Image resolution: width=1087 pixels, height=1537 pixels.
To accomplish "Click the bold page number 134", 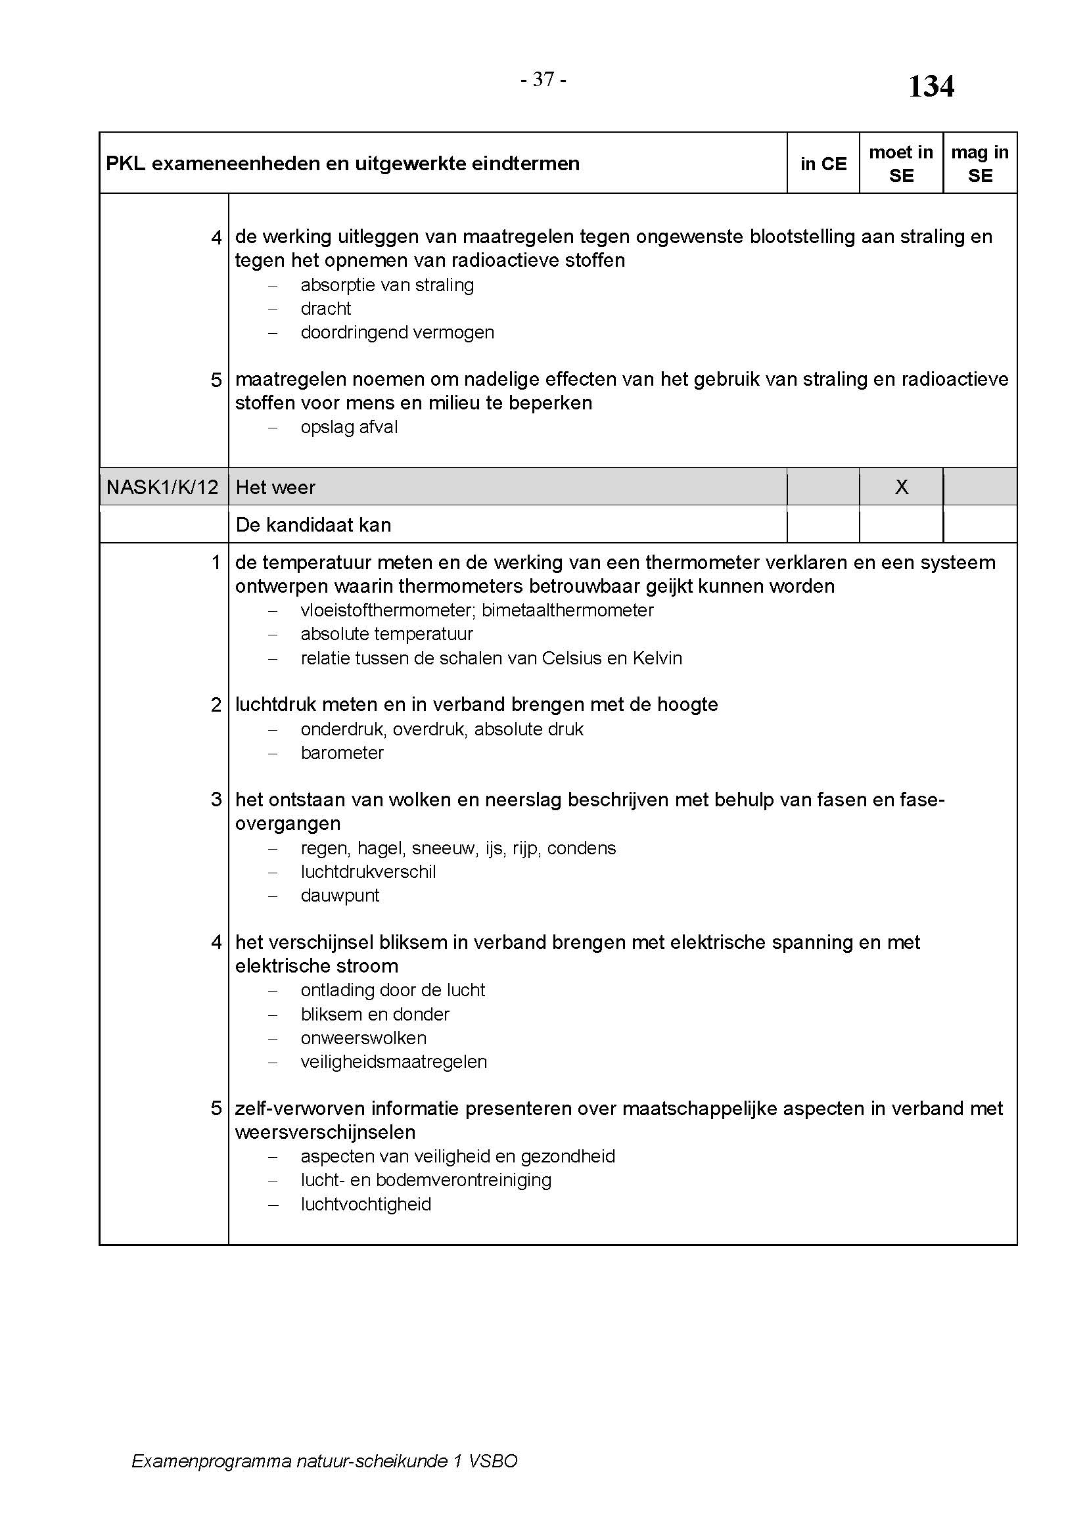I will (931, 86).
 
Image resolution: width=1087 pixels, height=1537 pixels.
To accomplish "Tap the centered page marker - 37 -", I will (543, 80).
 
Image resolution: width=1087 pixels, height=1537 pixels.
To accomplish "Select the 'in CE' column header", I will (823, 164).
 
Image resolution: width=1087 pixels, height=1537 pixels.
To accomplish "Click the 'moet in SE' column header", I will (901, 164).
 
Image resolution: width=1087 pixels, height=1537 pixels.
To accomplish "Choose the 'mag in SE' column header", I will (980, 164).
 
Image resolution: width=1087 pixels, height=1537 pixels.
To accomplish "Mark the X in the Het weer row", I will (902, 487).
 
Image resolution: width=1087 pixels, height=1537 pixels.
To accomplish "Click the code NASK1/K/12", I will (162, 488).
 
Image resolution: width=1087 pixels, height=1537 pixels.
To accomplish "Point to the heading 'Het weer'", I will (275, 488).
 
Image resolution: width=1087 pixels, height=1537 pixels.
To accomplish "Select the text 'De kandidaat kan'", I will (313, 525).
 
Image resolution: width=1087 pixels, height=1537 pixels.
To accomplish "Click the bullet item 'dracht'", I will (326, 309).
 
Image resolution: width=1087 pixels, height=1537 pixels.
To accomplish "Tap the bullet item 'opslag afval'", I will (349, 427).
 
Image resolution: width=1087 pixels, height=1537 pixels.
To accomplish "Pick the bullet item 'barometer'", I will (342, 753).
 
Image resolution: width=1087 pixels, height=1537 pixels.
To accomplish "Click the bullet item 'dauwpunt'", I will (340, 896).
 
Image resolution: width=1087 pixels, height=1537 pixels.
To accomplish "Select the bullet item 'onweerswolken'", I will (363, 1038).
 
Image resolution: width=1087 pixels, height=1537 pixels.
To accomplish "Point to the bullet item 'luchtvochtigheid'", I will (366, 1204).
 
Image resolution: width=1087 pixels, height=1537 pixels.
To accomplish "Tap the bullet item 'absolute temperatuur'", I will (387, 634).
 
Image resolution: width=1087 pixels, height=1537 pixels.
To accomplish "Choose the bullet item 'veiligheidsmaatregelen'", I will (394, 1062).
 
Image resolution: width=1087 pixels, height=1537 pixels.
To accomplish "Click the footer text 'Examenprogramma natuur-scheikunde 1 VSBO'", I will (325, 1461).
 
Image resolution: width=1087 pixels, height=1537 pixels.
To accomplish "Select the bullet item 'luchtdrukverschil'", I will (368, 871).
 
